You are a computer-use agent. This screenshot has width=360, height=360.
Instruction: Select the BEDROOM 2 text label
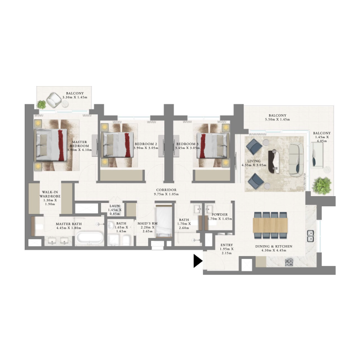point(146,144)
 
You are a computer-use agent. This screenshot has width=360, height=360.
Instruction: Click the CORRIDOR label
point(166,190)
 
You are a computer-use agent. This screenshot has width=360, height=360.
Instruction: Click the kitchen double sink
point(310,234)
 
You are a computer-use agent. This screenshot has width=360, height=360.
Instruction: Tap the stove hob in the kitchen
point(288,261)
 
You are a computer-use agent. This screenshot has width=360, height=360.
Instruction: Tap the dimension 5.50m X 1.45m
point(277,120)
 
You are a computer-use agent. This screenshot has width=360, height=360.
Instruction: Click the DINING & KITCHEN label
point(276,247)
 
